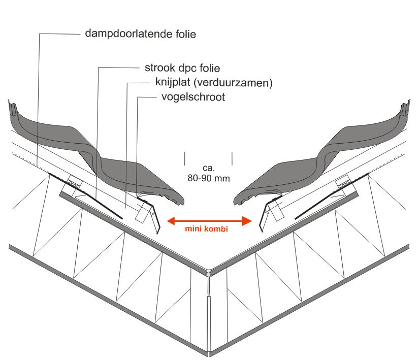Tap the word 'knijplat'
174,83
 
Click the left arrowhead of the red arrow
172,220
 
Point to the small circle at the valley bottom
209,275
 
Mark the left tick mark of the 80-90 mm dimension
185,158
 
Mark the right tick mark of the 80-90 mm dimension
232,158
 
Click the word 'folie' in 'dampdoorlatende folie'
184,35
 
